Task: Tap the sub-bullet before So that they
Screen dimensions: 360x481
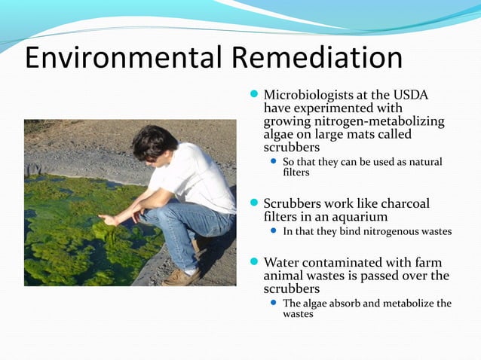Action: pos(274,162)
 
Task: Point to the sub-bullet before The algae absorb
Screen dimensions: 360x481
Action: pos(274,303)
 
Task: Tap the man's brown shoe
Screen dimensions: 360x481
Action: pos(182,277)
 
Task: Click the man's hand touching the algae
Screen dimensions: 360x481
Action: pos(108,219)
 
